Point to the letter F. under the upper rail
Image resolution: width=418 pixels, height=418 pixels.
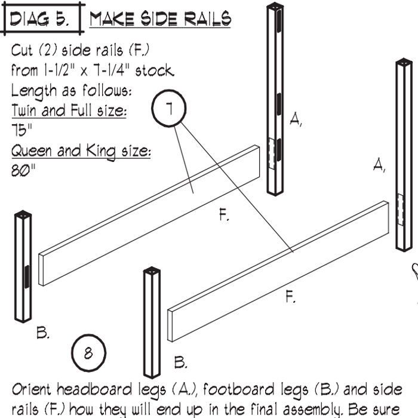click(x=224, y=216)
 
